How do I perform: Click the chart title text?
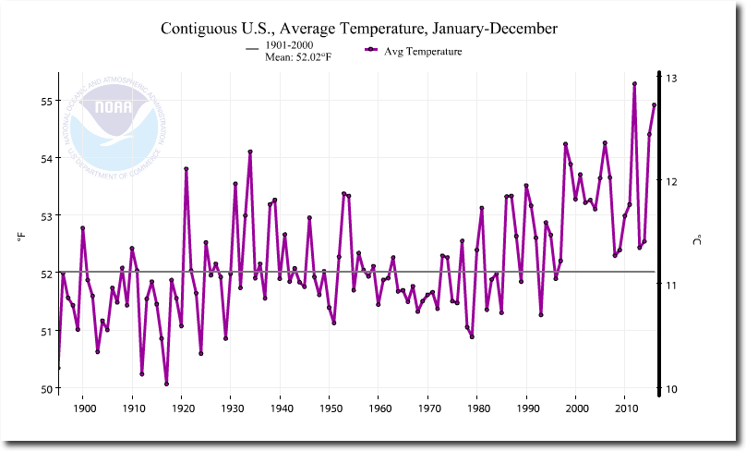(x=358, y=29)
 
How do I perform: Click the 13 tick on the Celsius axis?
(x=671, y=78)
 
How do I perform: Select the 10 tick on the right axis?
(x=671, y=388)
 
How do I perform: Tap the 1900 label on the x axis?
(x=83, y=408)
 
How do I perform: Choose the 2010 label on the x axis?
(x=625, y=408)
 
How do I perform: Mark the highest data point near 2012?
(x=635, y=83)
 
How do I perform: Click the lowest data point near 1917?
(x=167, y=384)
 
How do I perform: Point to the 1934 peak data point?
(x=250, y=152)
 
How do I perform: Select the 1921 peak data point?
(x=186, y=169)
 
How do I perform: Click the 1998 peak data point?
(x=565, y=144)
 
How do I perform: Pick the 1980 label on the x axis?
(x=477, y=408)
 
